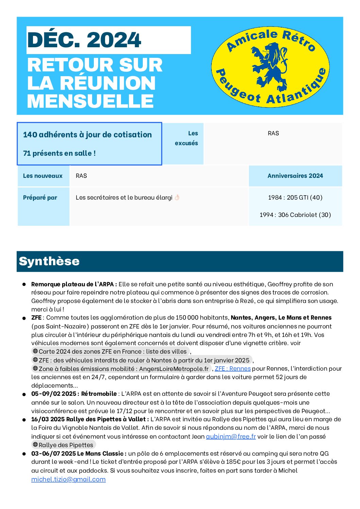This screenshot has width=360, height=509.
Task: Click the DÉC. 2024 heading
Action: tap(84, 40)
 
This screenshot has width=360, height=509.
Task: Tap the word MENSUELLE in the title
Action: tap(90, 101)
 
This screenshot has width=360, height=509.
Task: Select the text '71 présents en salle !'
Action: tap(59, 153)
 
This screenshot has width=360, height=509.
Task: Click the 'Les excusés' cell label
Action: tap(187, 138)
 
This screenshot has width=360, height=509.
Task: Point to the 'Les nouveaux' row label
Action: tap(43, 176)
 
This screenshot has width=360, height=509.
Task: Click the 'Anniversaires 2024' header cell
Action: tap(295, 176)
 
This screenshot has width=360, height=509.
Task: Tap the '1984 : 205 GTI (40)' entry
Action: tap(295, 198)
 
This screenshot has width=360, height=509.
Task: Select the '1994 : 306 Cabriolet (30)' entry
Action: tap(295, 215)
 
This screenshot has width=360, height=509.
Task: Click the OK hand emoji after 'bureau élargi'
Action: tap(177, 198)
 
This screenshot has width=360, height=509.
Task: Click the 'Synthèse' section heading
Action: tap(49, 261)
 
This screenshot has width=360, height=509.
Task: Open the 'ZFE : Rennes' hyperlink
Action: tap(233, 369)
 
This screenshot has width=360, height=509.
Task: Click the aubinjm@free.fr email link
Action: tap(231, 436)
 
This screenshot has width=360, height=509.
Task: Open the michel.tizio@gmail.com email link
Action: tap(68, 479)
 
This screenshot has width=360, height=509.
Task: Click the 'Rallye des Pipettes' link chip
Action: tap(64, 445)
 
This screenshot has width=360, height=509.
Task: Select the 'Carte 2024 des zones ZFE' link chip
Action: tap(110, 352)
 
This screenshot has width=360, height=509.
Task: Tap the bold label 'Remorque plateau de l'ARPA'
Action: tap(74, 284)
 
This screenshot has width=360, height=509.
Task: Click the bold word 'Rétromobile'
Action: tap(99, 394)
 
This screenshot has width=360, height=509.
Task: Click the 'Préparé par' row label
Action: tap(40, 198)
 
